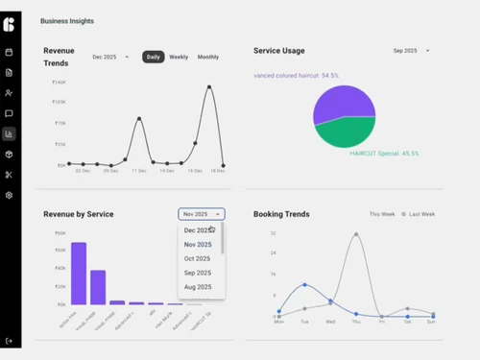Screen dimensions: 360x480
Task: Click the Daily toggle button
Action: pyautogui.click(x=154, y=58)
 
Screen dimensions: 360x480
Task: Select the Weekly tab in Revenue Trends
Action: pyautogui.click(x=179, y=58)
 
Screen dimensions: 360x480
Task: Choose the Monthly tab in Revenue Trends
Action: pyautogui.click(x=207, y=58)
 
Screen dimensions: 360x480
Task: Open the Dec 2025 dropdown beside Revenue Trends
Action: pyautogui.click(x=110, y=58)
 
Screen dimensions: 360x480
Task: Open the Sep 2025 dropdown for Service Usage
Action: pyautogui.click(x=411, y=51)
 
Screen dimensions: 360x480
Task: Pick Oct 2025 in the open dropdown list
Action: pyautogui.click(x=197, y=258)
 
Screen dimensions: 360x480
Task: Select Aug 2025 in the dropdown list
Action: pyautogui.click(x=197, y=287)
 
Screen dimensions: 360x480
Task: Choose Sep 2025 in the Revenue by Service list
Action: pyautogui.click(x=197, y=273)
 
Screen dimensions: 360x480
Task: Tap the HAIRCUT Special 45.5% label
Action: pyautogui.click(x=384, y=154)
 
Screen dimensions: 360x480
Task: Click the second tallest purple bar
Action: pyautogui.click(x=98, y=287)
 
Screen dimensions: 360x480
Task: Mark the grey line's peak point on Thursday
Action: pyautogui.click(x=356, y=233)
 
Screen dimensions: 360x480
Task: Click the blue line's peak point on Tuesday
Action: pyautogui.click(x=304, y=284)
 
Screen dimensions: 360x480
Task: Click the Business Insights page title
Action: pyautogui.click(x=67, y=20)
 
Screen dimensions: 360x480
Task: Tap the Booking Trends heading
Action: pyautogui.click(x=281, y=214)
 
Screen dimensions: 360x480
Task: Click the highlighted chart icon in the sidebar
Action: pyautogui.click(x=10, y=134)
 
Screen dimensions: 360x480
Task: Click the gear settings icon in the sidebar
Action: pyautogui.click(x=10, y=195)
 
